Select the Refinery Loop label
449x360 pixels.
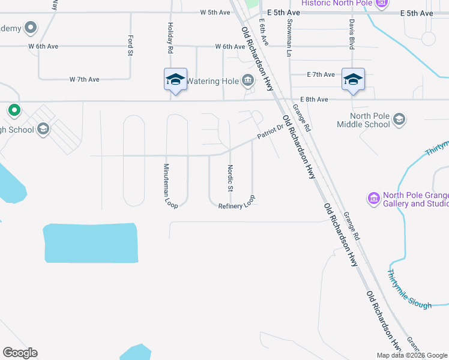tap(238, 203)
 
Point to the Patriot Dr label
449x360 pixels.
tap(270, 132)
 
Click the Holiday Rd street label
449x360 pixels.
tap(170, 38)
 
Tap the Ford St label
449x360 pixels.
tap(130, 46)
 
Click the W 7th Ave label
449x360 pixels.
tap(84, 79)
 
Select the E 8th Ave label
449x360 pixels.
tap(314, 100)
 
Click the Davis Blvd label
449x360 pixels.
tap(351, 33)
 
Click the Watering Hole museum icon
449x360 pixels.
tap(247, 80)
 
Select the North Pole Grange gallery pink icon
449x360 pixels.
tap(373, 197)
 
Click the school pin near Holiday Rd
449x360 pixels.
tap(175, 80)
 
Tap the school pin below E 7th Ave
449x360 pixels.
tap(353, 80)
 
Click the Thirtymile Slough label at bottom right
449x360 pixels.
tap(409, 289)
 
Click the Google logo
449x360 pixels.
tap(20, 353)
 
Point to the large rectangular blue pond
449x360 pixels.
tap(91, 243)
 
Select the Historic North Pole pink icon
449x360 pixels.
tap(381, 4)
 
